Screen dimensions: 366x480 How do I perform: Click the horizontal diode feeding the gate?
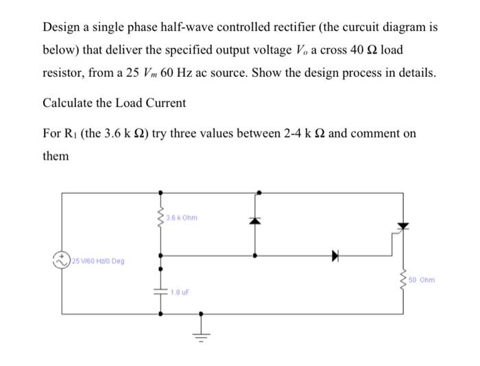click(x=335, y=256)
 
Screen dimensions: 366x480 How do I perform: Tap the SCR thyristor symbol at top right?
click(x=403, y=227)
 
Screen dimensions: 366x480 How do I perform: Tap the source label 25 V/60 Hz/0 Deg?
click(x=95, y=261)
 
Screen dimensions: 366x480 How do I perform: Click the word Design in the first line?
click(x=61, y=29)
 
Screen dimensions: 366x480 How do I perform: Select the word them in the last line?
click(x=56, y=156)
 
